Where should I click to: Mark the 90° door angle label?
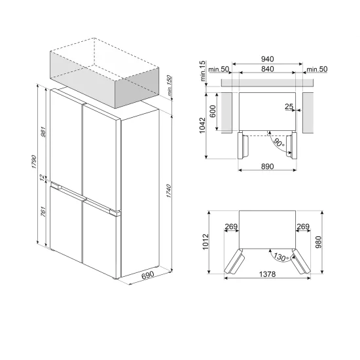(278, 141)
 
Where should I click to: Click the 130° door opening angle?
(281, 257)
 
